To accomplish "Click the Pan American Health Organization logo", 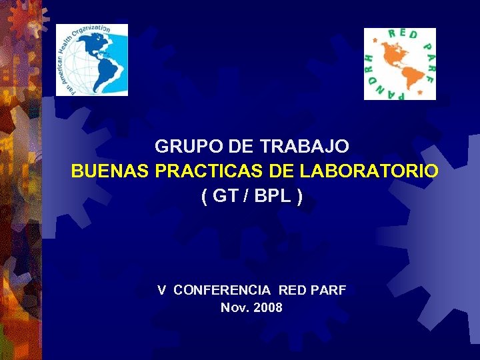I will [x=91, y=60].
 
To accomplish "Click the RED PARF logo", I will [x=399, y=64].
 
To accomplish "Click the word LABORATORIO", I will [x=369, y=171].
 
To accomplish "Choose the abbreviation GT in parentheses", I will [x=225, y=197].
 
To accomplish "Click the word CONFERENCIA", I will [x=222, y=290].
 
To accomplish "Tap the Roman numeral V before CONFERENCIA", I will [x=162, y=290].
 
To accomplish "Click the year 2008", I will [x=268, y=308].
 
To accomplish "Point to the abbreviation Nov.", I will [x=234, y=308].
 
